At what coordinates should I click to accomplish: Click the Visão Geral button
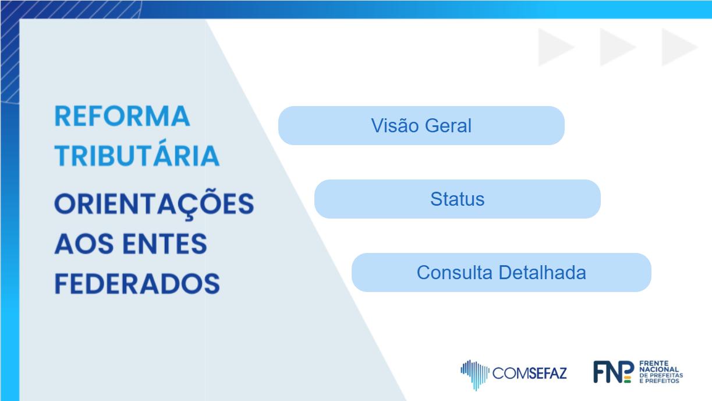pyautogui.click(x=421, y=125)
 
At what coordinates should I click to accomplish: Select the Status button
pyautogui.click(x=457, y=199)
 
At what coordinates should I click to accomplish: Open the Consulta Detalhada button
pyautogui.click(x=501, y=273)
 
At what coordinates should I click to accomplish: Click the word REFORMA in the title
pyautogui.click(x=122, y=117)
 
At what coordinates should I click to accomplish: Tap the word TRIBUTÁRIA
pyautogui.click(x=137, y=156)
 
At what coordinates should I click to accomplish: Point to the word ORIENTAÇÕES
pyautogui.click(x=154, y=205)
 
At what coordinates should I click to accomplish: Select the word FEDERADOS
pyautogui.click(x=137, y=283)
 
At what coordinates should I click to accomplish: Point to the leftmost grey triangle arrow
pyautogui.click(x=555, y=47)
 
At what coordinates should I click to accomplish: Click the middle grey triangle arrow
pyautogui.click(x=617, y=47)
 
